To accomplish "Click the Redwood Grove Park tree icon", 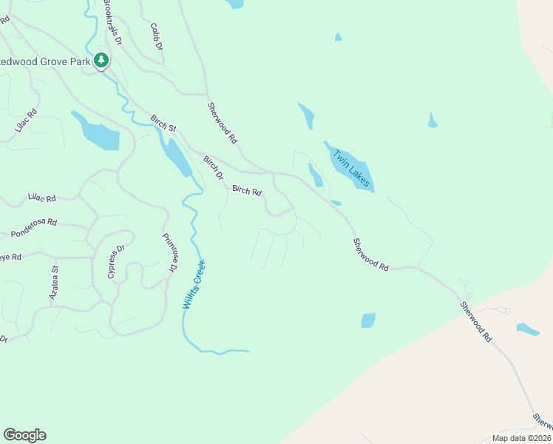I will [102, 61].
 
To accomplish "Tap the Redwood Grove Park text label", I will [45, 61].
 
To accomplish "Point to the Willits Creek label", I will [193, 285].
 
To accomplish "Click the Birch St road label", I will [163, 124].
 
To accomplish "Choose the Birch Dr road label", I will [213, 167].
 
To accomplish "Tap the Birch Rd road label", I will [247, 191].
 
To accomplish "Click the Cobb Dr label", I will [156, 36].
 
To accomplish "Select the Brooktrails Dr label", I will [112, 22].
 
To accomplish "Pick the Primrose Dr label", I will [169, 252].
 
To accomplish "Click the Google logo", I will [24, 435].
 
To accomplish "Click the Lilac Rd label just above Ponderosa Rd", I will [42, 198].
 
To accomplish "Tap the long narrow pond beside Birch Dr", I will [176, 156].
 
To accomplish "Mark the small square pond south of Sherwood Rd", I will [367, 320].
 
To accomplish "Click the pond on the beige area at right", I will [528, 329].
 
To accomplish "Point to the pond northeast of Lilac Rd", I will [95, 132].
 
